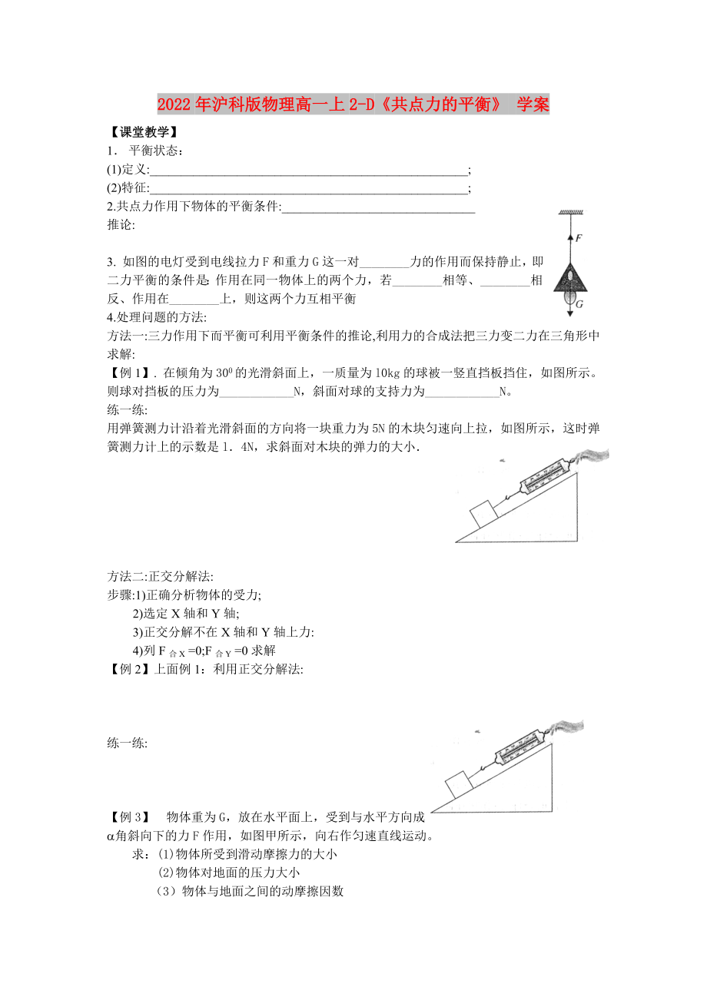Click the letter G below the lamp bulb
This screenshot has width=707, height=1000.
click(x=580, y=304)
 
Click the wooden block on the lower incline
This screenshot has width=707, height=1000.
click(x=456, y=784)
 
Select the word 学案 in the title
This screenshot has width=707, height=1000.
click(x=533, y=105)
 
